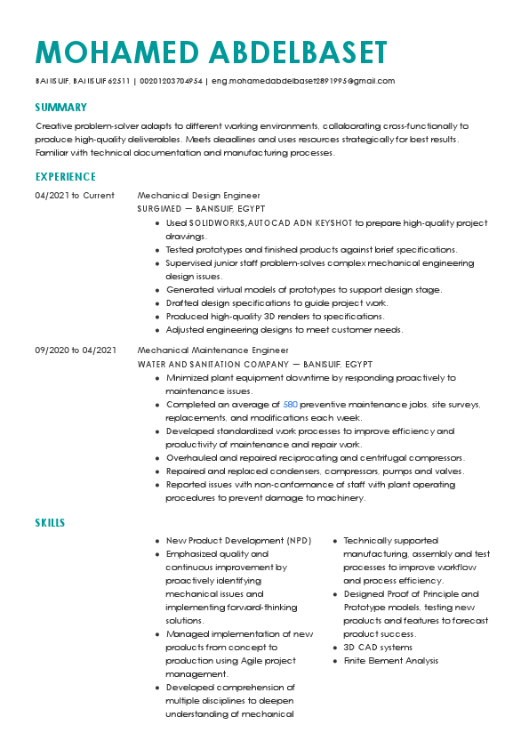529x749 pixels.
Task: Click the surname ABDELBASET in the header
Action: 299,52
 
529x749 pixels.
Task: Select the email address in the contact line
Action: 302,81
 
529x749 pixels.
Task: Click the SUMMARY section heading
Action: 60,108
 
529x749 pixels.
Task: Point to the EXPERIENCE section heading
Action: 66,177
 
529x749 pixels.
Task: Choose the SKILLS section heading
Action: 50,522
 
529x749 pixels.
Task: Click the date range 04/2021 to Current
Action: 75,195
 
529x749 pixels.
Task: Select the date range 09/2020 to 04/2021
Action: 76,351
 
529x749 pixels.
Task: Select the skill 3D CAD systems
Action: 377,648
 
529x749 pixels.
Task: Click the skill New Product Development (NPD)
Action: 238,540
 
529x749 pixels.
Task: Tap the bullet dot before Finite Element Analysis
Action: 334,661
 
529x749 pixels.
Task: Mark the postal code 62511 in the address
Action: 119,81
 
